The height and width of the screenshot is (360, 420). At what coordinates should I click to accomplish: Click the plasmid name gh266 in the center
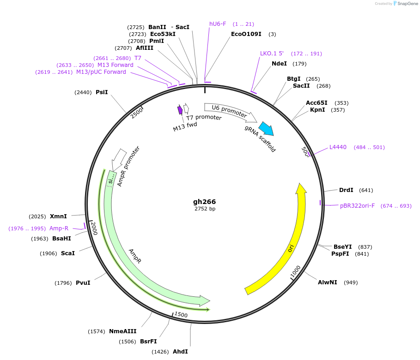204,202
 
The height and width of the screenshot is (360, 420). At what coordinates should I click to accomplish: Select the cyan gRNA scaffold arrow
266,128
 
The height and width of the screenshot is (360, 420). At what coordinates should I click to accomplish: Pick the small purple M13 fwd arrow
180,110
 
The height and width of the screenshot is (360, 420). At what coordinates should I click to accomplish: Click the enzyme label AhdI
180,352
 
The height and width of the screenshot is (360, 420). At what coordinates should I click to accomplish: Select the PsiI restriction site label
102,92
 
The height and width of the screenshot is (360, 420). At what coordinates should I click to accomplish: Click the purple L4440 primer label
338,147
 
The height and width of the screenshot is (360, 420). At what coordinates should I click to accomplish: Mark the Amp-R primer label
59,228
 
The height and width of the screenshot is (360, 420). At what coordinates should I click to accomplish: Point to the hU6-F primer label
218,24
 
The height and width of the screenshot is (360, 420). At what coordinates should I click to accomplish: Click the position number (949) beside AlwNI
351,282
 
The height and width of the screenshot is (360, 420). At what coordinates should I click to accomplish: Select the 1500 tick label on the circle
181,315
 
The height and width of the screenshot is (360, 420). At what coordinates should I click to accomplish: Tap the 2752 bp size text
205,209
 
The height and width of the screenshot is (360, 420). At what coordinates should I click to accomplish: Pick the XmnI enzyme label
59,216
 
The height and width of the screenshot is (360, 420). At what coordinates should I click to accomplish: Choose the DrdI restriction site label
346,190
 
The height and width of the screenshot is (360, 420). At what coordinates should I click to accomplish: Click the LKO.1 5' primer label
272,54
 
